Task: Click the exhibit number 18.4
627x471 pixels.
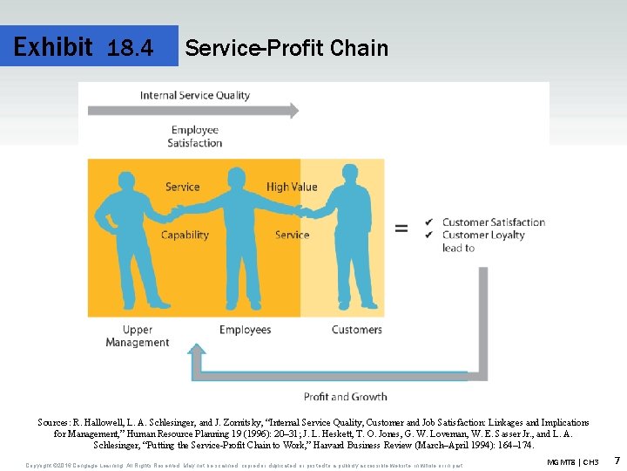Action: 130,48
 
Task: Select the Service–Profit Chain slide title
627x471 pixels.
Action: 287,48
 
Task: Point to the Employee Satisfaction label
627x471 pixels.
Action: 195,137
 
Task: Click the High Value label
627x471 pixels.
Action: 292,187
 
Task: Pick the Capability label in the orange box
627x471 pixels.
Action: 185,235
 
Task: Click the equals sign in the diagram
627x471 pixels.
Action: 401,229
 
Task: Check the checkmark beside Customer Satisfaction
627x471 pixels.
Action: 428,222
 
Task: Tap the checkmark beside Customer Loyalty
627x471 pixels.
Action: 428,235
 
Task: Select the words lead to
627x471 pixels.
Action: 458,248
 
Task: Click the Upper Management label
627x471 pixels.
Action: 137,336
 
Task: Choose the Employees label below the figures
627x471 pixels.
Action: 245,330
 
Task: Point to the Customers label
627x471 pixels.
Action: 356,330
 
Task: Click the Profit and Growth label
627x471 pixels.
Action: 345,397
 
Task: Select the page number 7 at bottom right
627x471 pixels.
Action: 617,460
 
